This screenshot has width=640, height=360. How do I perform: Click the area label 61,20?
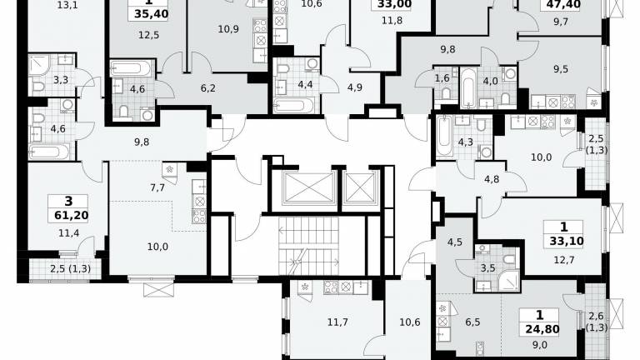point(72,215)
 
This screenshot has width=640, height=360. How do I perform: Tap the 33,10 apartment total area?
point(567,241)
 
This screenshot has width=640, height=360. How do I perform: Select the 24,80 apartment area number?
point(542,329)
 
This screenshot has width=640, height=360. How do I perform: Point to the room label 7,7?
point(157,187)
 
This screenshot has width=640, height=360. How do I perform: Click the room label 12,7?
point(564,260)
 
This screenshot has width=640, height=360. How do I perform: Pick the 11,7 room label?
point(337,322)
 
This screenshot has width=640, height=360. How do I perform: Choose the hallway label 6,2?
point(207,87)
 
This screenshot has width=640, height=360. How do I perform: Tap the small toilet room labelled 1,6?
point(442,77)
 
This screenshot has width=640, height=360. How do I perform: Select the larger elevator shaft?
point(307,187)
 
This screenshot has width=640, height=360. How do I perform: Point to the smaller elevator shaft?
point(360,187)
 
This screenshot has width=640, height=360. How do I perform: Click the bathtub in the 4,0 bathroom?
point(468,88)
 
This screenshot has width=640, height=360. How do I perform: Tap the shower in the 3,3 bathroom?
point(39,65)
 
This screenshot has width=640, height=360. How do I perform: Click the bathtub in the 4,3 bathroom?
point(443,136)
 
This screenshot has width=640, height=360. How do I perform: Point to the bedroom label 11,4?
point(68,233)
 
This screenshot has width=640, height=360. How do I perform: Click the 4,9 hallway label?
point(355,87)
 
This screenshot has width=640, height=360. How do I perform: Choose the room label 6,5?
point(472,322)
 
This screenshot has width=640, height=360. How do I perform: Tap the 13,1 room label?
point(67,5)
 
